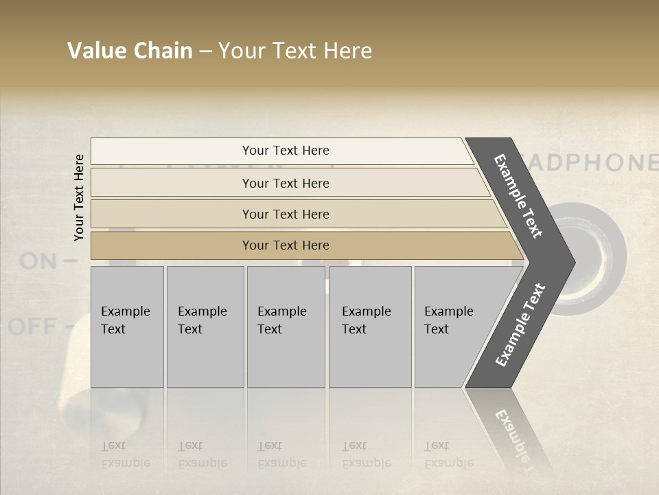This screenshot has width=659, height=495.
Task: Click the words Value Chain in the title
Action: (x=130, y=51)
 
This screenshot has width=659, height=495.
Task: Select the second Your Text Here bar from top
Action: (x=285, y=183)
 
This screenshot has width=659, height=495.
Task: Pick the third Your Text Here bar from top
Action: (x=285, y=214)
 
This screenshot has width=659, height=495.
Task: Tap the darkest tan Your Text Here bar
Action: (x=285, y=245)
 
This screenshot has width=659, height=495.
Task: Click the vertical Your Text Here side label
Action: (x=80, y=197)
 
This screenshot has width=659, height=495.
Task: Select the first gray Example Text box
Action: (x=127, y=327)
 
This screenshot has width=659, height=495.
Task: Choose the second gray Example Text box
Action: (x=205, y=327)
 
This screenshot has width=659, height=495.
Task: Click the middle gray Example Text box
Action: (x=286, y=327)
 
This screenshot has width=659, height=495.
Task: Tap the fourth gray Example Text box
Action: (x=369, y=327)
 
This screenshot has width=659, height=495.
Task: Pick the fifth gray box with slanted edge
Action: (x=453, y=327)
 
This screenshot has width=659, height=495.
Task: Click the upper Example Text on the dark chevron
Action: (x=518, y=196)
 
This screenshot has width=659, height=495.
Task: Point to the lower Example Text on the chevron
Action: (x=520, y=325)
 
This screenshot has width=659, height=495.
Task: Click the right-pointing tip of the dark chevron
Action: (x=570, y=262)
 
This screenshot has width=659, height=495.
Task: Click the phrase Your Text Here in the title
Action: (x=295, y=51)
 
